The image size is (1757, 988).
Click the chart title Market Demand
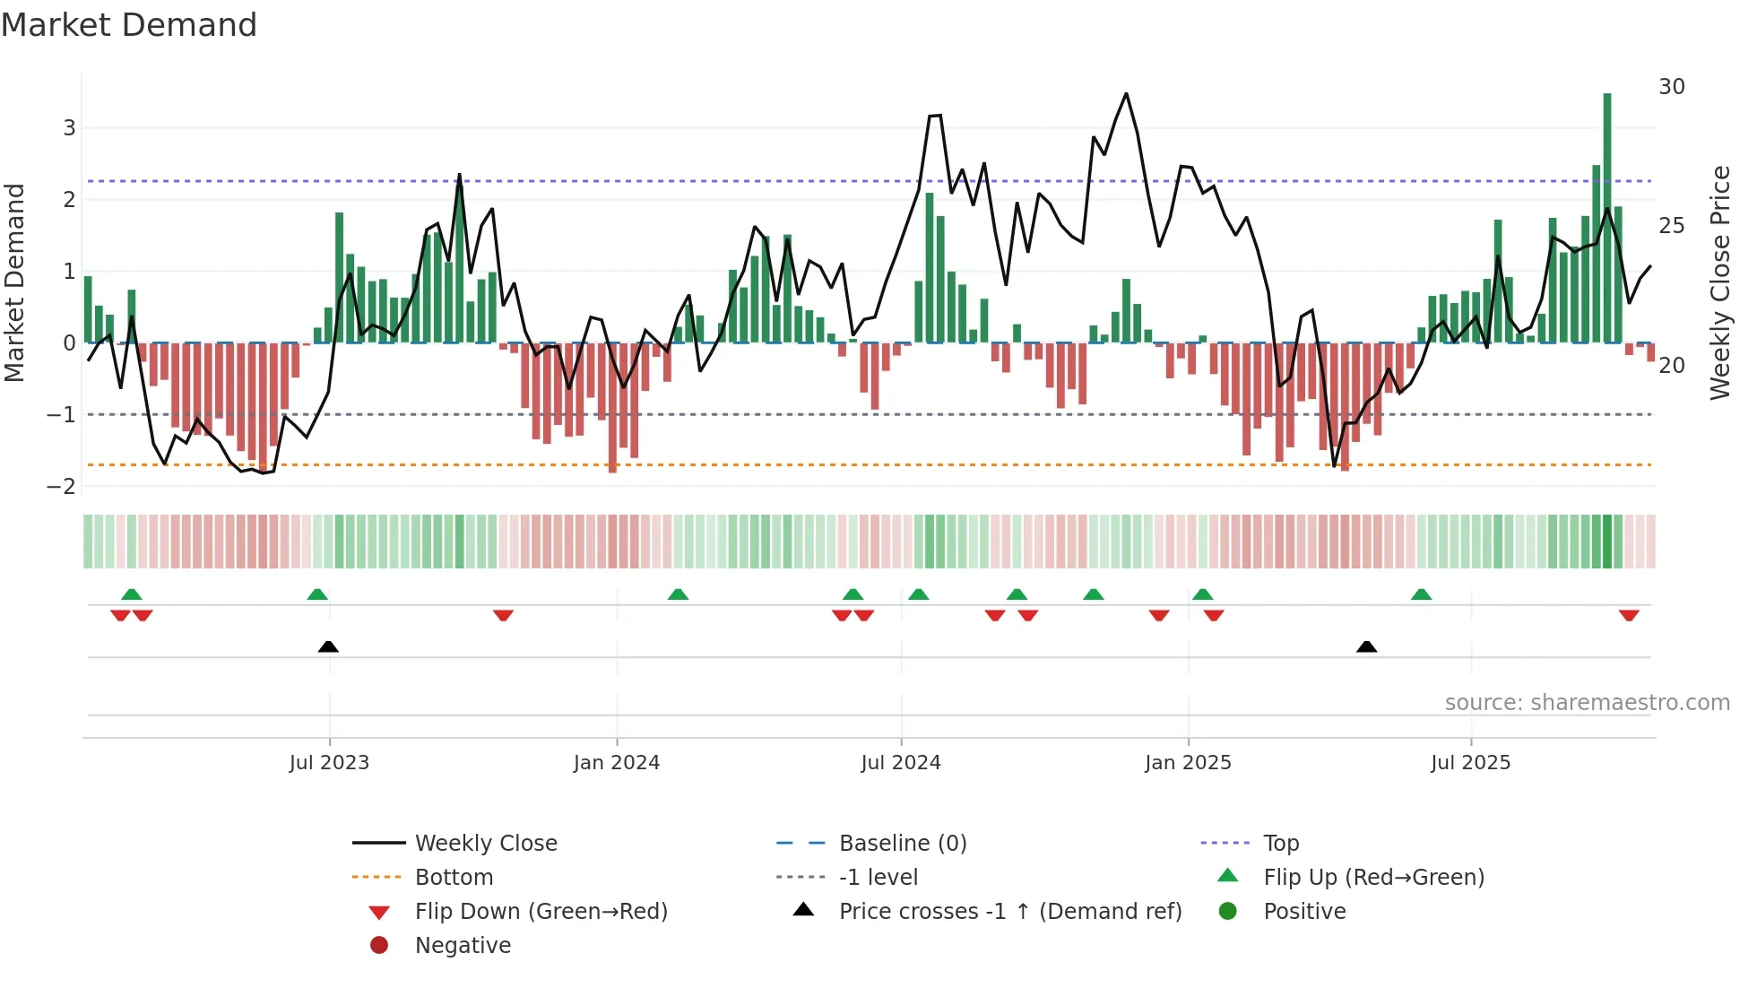pos(129,25)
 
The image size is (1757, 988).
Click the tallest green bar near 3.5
pos(1607,215)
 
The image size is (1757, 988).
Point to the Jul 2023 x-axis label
pos(329,763)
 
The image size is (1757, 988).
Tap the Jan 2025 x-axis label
pos(1188,763)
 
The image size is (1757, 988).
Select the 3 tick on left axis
pos(69,127)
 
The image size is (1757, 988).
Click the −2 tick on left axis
pos(62,486)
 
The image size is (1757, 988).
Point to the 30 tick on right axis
pos(1672,87)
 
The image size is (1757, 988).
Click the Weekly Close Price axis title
pos(1719,282)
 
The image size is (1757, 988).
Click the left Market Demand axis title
pos(14,282)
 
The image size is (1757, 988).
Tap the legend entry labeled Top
pos(1280,843)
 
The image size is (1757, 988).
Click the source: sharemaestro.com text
pos(1587,702)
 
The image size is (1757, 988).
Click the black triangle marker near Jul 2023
pos(328,646)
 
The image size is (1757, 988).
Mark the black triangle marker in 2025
pos(1366,646)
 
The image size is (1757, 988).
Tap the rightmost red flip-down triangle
pos(1629,615)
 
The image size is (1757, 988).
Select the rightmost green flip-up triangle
pos(1421,594)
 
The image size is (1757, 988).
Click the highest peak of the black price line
pos(1127,93)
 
